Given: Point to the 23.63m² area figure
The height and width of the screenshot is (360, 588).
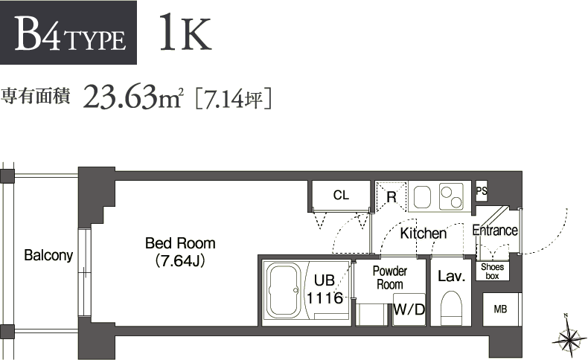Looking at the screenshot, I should click(133, 97).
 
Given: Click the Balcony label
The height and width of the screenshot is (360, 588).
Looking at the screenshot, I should click(48, 256).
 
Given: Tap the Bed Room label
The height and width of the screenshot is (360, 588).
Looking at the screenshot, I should click(180, 243).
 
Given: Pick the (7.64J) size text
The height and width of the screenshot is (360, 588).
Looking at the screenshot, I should click(180, 261).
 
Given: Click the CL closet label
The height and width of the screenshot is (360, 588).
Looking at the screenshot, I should click(341, 196).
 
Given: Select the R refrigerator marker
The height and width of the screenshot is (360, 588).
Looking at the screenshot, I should click(391, 197).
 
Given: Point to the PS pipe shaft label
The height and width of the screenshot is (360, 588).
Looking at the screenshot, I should click(481, 191).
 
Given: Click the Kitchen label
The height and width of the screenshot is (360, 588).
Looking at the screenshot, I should click(424, 234).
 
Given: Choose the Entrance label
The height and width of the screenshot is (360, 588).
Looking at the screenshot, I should click(495, 231).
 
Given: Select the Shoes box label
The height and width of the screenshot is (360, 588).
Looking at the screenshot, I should click(492, 271).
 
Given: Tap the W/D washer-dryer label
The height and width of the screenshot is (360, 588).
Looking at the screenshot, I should click(409, 309).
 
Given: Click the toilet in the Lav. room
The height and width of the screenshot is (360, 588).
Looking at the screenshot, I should click(451, 307).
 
